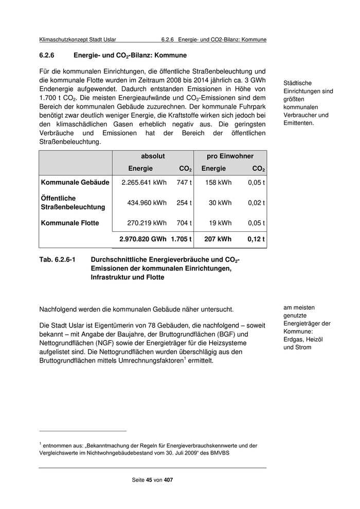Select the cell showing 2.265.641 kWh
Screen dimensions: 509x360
coord(144,183)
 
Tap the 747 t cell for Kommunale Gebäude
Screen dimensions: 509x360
coord(184,183)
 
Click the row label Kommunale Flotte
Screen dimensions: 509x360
coord(70,223)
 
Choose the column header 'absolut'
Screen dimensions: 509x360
coord(153,156)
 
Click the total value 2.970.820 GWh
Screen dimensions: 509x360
coord(142,239)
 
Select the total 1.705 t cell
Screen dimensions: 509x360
coord(181,239)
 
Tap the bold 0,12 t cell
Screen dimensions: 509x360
coord(256,239)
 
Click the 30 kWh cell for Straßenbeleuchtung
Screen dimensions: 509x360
coord(220,203)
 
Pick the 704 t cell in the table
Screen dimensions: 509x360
coord(184,223)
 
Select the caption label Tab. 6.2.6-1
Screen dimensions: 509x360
coord(57,260)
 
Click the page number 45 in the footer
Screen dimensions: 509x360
coord(149,480)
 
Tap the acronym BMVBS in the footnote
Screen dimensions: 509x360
coord(219,453)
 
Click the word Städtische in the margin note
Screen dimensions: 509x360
coord(298,83)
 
